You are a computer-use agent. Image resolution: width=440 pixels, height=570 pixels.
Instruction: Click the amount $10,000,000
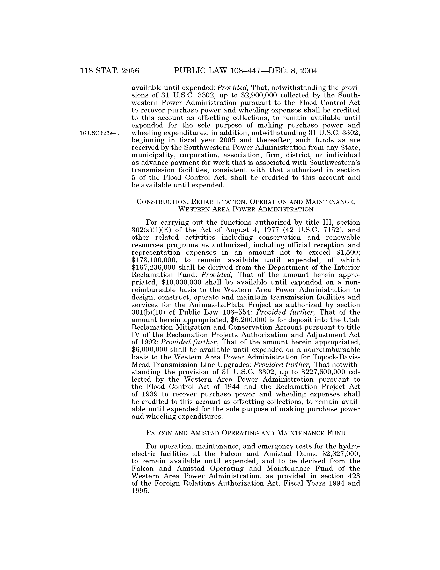pyautogui.click(x=181, y=283)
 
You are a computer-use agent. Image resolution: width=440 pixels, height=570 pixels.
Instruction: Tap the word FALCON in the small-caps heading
pyautogui.click(x=159, y=433)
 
